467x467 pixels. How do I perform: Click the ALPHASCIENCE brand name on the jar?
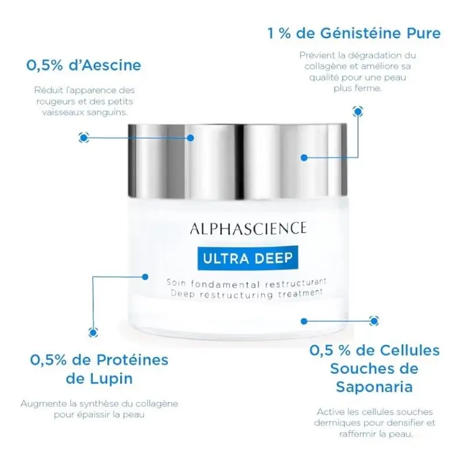click(x=248, y=228)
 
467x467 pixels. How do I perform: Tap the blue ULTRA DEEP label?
click(x=248, y=258)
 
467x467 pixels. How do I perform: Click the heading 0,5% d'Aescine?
click(x=83, y=65)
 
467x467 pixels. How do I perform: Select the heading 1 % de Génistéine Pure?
click(x=354, y=33)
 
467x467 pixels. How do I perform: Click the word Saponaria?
click(x=374, y=387)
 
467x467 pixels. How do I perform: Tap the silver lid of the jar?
click(x=238, y=161)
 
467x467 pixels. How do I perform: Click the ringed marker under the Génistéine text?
click(x=358, y=111)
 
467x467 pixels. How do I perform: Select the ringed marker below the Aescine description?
click(x=83, y=138)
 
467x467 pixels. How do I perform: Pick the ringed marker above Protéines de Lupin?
click(x=93, y=332)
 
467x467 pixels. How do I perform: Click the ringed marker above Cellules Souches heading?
click(x=374, y=320)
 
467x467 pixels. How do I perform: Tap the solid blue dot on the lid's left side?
click(x=191, y=138)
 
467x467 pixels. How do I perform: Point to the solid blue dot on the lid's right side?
click(x=304, y=158)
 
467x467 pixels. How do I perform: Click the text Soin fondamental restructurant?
click(x=246, y=283)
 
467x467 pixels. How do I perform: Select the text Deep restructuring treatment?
click(x=246, y=294)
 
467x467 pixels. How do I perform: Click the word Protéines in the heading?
click(x=133, y=360)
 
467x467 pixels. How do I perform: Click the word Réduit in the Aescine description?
click(x=47, y=90)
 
